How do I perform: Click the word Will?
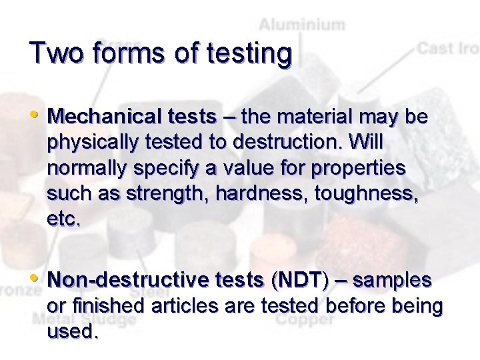(x=365, y=143)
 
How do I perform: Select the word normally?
(x=84, y=169)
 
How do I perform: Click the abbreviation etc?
(x=63, y=219)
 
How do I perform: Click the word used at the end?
(x=73, y=331)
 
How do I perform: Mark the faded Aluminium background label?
(x=302, y=26)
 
